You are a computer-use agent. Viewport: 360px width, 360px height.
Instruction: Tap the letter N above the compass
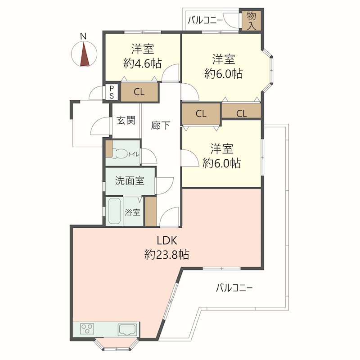pyautogui.click(x=83, y=36)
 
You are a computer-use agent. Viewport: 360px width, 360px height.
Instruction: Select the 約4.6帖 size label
pyautogui.click(x=142, y=63)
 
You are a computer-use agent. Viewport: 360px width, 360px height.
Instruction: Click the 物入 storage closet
pyautogui.click(x=252, y=21)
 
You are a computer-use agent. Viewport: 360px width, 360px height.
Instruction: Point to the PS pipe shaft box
pyautogui.click(x=112, y=92)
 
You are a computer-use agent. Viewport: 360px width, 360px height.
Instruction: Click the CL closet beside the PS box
pyautogui.click(x=139, y=92)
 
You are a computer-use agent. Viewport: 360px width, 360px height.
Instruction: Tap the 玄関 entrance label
pyautogui.click(x=126, y=120)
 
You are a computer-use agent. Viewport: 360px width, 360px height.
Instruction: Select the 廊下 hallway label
pyautogui.click(x=161, y=126)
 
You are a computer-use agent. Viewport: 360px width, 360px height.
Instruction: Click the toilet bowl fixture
pyautogui.click(x=119, y=154)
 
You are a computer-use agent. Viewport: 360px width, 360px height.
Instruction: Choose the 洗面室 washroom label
pyautogui.click(x=130, y=181)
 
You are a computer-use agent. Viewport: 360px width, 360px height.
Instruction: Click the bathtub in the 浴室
pyautogui.click(x=114, y=211)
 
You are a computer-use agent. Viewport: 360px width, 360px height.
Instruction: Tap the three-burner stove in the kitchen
pyautogui.click(x=87, y=328)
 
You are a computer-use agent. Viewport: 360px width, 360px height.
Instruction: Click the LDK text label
pyautogui.click(x=167, y=241)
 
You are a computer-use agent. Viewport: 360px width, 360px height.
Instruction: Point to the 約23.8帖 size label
pyautogui.click(x=167, y=254)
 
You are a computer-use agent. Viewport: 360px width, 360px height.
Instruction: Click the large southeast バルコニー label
pyautogui.click(x=234, y=288)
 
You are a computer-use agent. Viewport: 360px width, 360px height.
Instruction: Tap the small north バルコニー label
pyautogui.click(x=205, y=21)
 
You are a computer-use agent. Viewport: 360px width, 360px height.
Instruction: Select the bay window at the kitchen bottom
pyautogui.click(x=117, y=344)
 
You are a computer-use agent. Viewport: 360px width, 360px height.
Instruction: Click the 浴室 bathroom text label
pyautogui.click(x=132, y=212)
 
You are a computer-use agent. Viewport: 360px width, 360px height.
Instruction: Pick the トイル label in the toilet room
pyautogui.click(x=133, y=154)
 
